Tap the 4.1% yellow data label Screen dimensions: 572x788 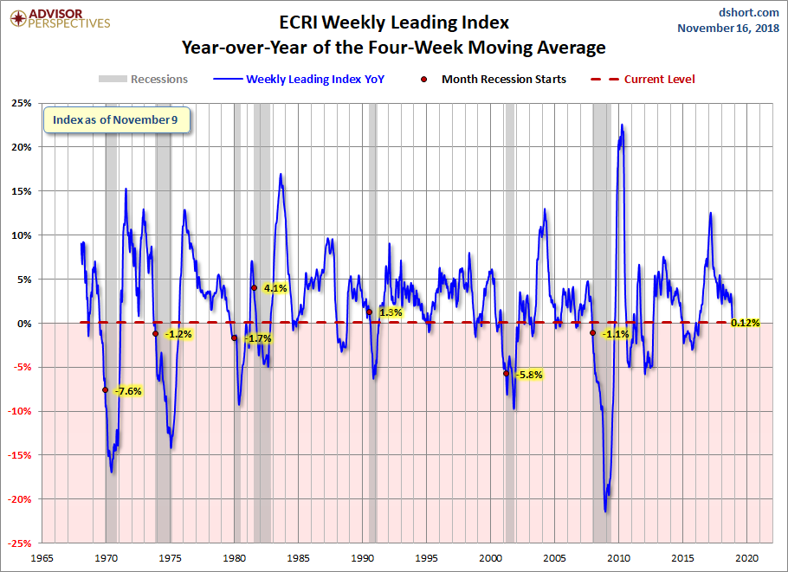point(275,288)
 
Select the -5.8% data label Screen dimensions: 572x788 point(528,375)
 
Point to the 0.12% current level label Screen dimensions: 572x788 point(745,323)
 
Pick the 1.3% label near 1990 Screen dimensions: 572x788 point(391,312)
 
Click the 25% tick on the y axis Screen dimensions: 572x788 point(21,104)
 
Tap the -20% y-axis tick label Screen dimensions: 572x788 point(19,499)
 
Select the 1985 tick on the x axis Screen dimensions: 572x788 point(299,557)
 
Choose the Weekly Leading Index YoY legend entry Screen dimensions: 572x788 point(315,80)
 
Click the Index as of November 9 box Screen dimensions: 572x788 point(116,120)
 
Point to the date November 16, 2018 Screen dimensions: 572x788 point(729,29)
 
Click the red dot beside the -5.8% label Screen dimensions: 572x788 point(506,374)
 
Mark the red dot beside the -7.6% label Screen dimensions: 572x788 point(105,390)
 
